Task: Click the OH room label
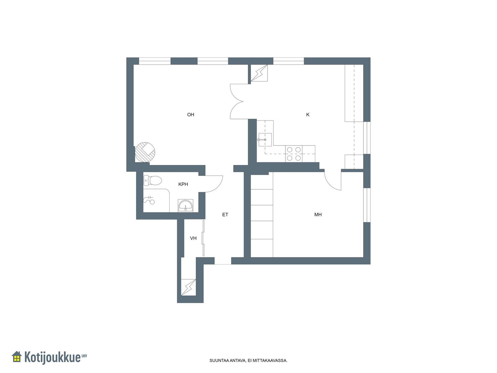tap(191, 115)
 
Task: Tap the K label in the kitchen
tap(308, 115)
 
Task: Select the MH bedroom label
tap(318, 214)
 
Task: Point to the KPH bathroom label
tap(183, 184)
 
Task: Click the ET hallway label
tap(225, 214)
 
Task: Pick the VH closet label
tap(193, 238)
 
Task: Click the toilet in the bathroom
tap(153, 181)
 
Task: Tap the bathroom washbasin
tap(185, 205)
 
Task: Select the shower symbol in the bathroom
tap(149, 200)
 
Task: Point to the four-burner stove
tap(294, 154)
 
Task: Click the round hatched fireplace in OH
tap(145, 152)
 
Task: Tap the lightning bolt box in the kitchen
tap(259, 73)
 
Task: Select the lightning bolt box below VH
tap(188, 287)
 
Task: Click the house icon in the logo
tap(16, 357)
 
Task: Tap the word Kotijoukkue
tap(52, 357)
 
